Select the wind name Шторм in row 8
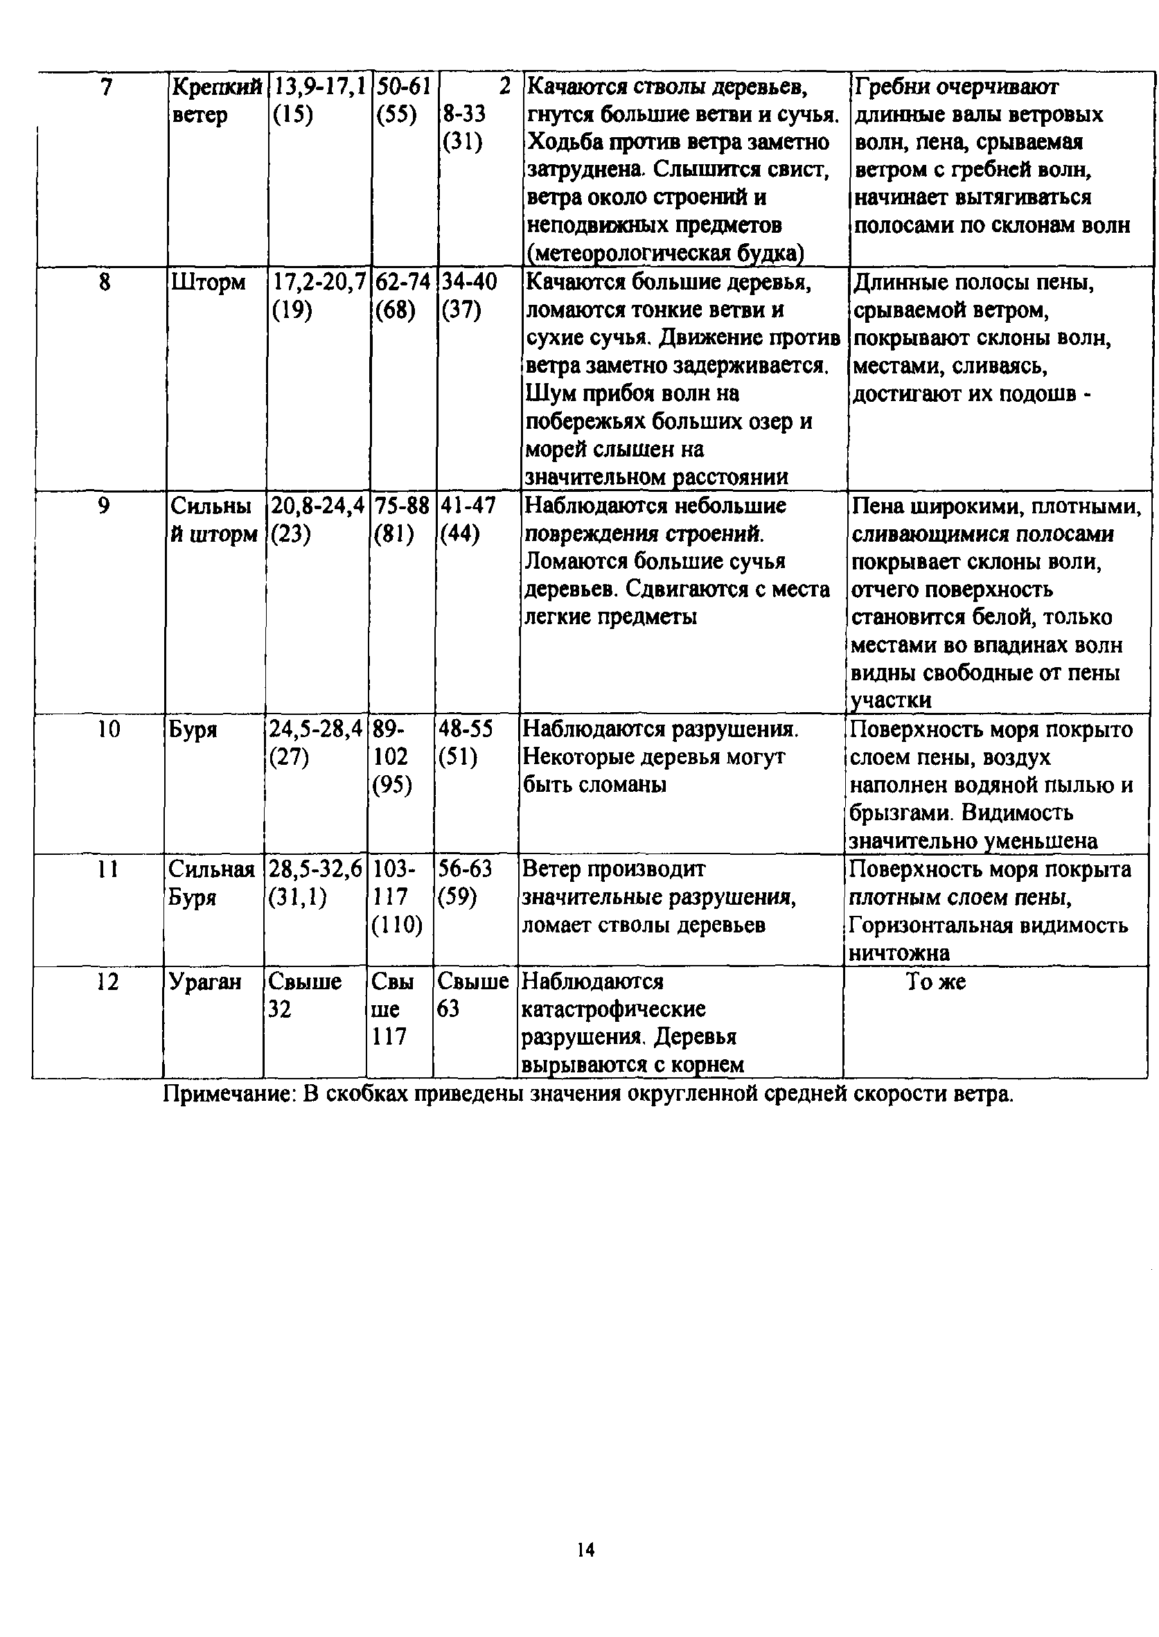pyautogui.click(x=208, y=283)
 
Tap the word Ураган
pyautogui.click(x=205, y=982)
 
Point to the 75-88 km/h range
pyautogui.click(x=402, y=506)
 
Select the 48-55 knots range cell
pyautogui.click(x=466, y=729)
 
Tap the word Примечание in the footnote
pyautogui.click(x=229, y=1095)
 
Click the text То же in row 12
pyautogui.click(x=936, y=982)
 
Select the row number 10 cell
pyautogui.click(x=109, y=729)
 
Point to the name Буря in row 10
pyautogui.click(x=193, y=730)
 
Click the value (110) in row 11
pyautogui.click(x=397, y=926)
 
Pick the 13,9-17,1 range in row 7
pyautogui.click(x=319, y=87)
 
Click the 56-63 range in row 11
pyautogui.click(x=466, y=869)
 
